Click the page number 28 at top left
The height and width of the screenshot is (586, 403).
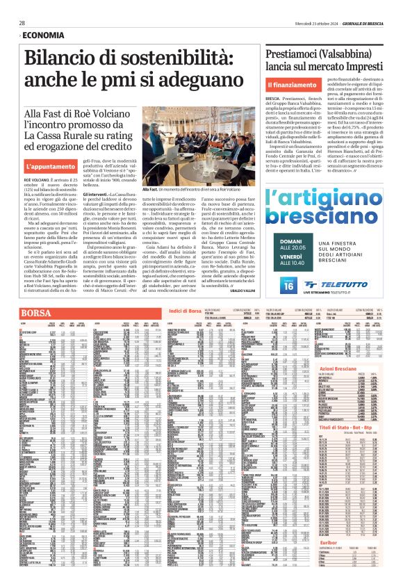coord(22,23)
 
